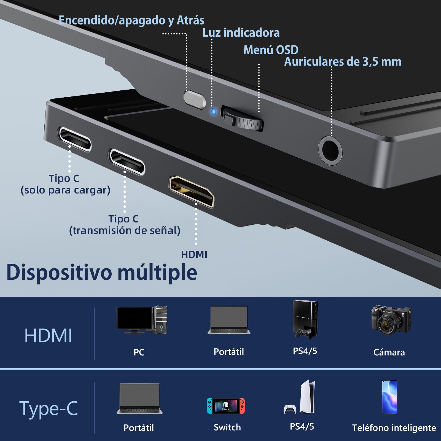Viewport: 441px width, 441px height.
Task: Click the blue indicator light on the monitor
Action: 214,112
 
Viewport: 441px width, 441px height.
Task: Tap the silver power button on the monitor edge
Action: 195,99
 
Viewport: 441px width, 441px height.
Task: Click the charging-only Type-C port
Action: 74,139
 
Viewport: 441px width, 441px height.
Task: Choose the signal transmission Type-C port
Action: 127,162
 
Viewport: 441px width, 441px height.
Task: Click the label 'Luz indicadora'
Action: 241,33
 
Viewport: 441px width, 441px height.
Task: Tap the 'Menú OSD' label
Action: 271,50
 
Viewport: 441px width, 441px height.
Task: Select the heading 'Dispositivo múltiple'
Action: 102,272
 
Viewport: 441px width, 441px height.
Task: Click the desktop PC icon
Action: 142,320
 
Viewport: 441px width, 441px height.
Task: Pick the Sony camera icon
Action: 391,320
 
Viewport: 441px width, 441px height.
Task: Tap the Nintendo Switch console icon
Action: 226,406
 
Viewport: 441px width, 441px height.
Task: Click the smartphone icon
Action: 389,397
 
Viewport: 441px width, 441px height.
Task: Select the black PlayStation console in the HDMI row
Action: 305,319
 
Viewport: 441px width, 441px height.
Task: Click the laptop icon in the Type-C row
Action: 139,399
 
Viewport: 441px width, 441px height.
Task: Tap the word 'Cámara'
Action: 389,352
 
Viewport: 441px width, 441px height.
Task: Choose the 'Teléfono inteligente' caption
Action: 394,428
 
